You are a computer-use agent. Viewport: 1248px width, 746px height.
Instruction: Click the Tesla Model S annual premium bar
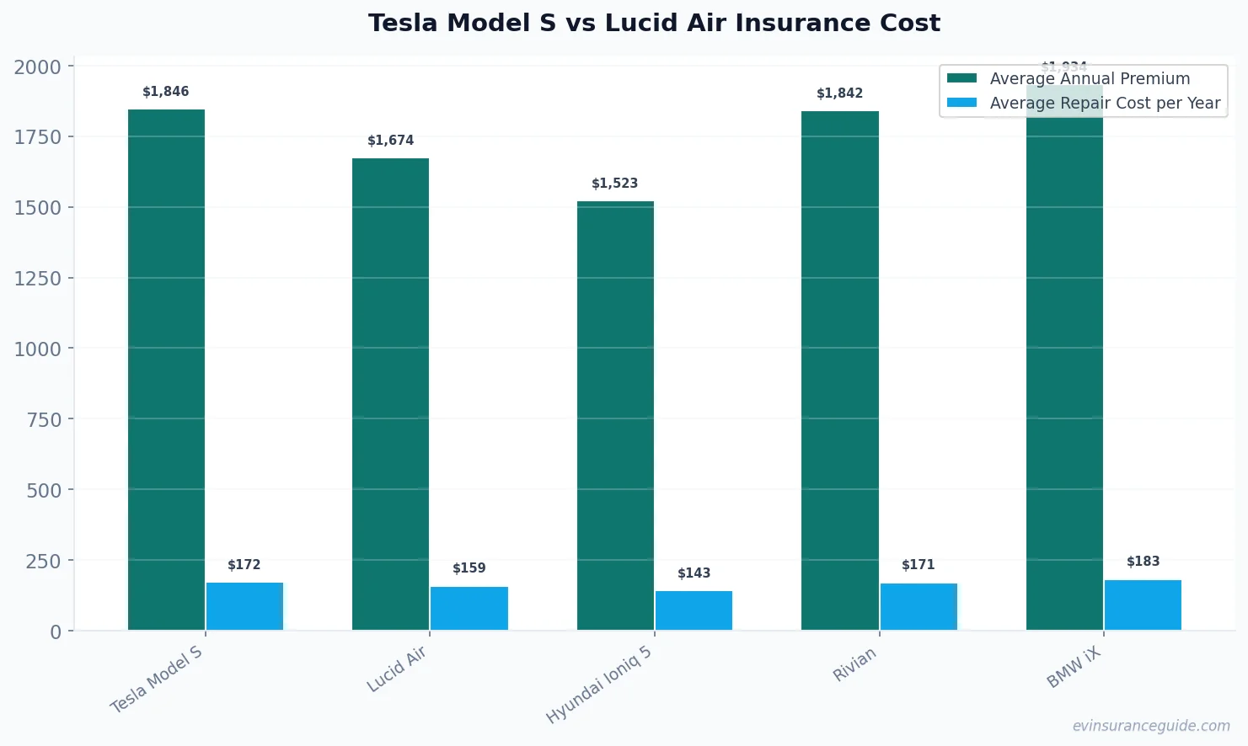tap(166, 370)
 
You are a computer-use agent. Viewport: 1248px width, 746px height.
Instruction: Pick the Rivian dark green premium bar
tap(839, 370)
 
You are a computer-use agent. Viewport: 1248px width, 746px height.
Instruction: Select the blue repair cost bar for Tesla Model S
tap(244, 606)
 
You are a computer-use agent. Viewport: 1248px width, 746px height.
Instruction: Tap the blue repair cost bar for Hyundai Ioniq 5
tap(694, 610)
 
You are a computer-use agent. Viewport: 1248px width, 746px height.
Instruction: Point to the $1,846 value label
tap(166, 92)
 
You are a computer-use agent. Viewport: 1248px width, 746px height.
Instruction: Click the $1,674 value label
tap(390, 141)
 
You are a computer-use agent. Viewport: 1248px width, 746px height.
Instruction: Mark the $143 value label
tap(694, 573)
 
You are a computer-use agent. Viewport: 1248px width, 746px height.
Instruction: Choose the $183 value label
tap(1143, 562)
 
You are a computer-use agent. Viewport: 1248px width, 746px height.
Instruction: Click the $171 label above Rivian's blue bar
tap(918, 565)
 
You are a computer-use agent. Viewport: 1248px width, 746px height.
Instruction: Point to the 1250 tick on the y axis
tap(38, 279)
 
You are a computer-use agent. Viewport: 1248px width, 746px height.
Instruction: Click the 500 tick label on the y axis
tap(44, 490)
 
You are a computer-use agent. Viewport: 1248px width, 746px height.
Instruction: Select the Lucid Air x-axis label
tap(397, 669)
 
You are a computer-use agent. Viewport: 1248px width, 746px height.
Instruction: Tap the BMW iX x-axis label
tap(1074, 669)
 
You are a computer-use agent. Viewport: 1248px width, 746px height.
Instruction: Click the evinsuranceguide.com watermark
tap(1150, 726)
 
